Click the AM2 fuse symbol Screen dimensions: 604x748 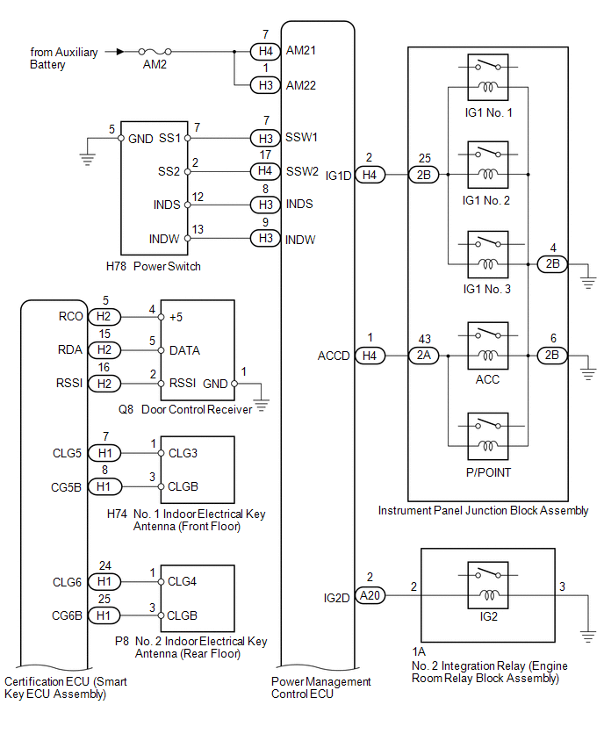pyautogui.click(x=155, y=51)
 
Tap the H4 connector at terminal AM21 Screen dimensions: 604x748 pyautogui.click(x=265, y=51)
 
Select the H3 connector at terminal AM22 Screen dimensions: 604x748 pyautogui.click(x=265, y=85)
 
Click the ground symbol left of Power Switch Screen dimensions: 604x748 pyautogui.click(x=87, y=159)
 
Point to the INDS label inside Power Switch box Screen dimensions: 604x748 pyautogui.click(x=167, y=205)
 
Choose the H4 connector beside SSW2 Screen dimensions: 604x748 pyautogui.click(x=265, y=171)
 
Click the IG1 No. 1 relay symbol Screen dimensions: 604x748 pyautogui.click(x=488, y=77)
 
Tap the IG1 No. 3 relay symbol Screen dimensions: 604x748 pyautogui.click(x=488, y=255)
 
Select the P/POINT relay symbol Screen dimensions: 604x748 pyautogui.click(x=488, y=436)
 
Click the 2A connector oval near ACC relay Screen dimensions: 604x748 pyautogui.click(x=424, y=356)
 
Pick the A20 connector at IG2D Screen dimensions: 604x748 pyautogui.click(x=370, y=595)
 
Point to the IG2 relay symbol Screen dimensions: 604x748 pyautogui.click(x=488, y=586)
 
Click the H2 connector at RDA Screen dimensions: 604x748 pyautogui.click(x=104, y=350)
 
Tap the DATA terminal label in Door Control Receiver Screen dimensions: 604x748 pyautogui.click(x=184, y=350)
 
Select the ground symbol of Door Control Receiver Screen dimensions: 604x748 pyautogui.click(x=262, y=406)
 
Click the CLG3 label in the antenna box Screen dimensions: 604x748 pyautogui.click(x=183, y=453)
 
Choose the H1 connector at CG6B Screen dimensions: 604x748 pyautogui.click(x=104, y=615)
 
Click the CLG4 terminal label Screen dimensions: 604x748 pyautogui.click(x=182, y=581)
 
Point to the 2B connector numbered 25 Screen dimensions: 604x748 pyautogui.click(x=424, y=175)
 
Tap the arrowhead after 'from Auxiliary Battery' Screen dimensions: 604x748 pyautogui.click(x=120, y=52)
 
